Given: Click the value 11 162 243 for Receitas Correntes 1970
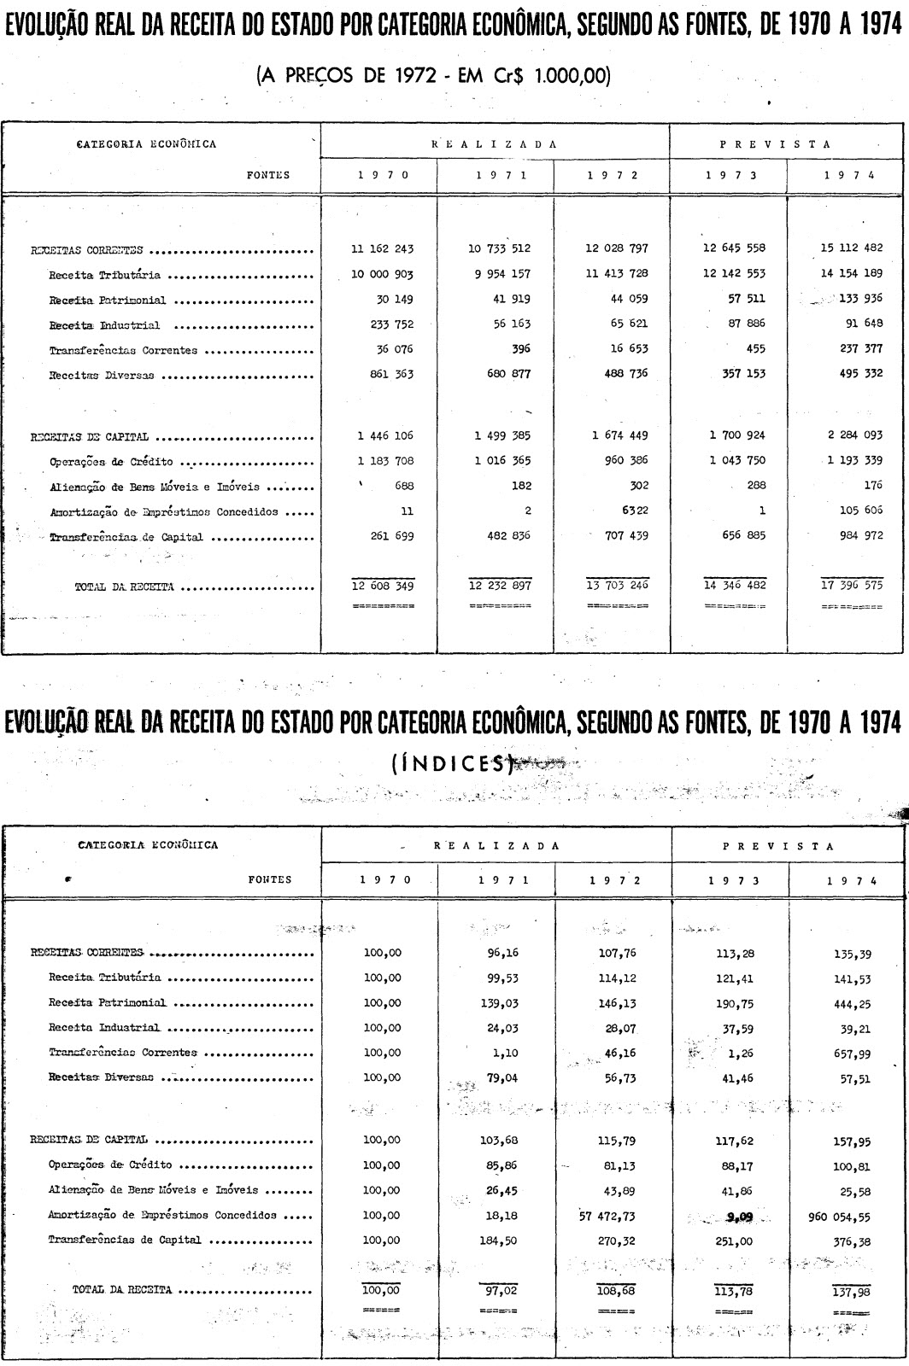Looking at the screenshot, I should pos(382,249).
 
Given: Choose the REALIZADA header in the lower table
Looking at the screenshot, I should pos(496,846).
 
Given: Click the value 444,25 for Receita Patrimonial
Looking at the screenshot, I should pos(853,1004).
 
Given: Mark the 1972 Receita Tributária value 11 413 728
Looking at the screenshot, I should pos(616,275).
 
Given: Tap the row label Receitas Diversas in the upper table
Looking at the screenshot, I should pos(102,375).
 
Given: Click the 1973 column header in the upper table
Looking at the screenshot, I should pos(729,175).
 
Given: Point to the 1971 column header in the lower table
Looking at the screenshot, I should pos(496,880).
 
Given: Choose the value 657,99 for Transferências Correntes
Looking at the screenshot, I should pos(853,1054).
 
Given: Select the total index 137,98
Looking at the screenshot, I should pos(853,1292).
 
